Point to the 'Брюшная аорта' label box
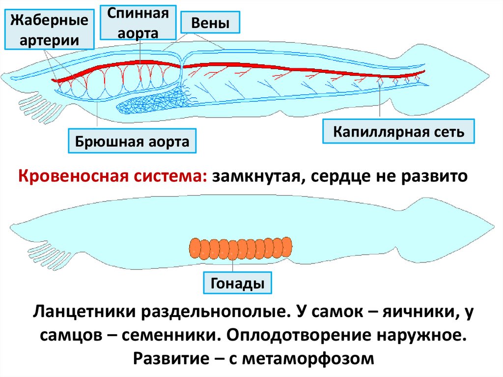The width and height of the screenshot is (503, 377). (x=132, y=142)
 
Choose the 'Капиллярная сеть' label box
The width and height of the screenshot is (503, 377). (x=398, y=131)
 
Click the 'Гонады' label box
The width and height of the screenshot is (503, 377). (x=237, y=283)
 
